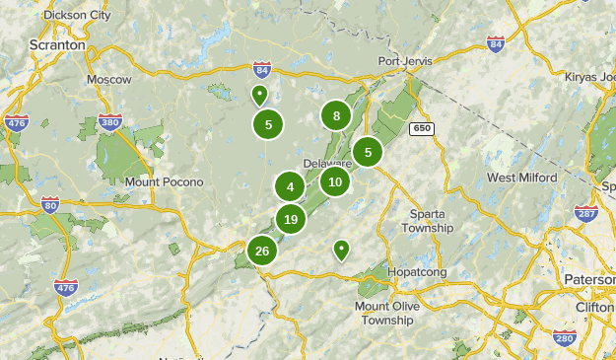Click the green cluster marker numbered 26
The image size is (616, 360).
coord(262,251)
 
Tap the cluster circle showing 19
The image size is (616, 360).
coord(290,219)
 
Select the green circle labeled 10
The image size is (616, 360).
coord(335,181)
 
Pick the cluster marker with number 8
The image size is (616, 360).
coord(336,115)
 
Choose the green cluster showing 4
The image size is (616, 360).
coord(290,186)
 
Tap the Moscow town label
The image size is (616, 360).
coord(108,79)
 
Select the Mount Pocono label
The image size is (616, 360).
coord(164,182)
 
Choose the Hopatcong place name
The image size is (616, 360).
coord(417,271)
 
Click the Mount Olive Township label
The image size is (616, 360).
coord(386,314)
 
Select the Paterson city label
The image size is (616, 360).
coord(589,279)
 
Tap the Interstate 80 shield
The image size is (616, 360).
coord(50,204)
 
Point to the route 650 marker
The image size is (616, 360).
coord(423,128)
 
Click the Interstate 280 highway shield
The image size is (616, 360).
coord(564,339)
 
